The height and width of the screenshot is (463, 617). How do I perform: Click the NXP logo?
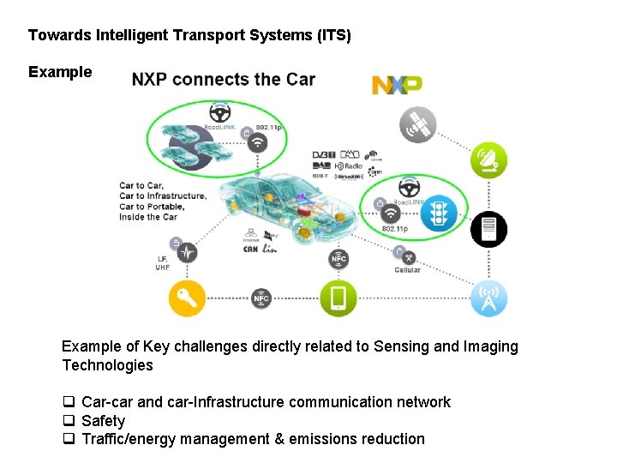click(396, 85)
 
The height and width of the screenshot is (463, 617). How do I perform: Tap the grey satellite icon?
click(418, 125)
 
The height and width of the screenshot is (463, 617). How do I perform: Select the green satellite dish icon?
click(488, 160)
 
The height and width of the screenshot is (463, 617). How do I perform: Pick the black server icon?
click(488, 229)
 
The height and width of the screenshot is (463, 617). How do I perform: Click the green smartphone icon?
click(338, 298)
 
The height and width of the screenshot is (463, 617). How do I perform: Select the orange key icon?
click(187, 298)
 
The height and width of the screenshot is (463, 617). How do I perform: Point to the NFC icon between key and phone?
click(261, 298)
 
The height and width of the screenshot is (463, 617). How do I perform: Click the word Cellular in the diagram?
click(407, 270)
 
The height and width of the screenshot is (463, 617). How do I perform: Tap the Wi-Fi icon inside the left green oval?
click(257, 143)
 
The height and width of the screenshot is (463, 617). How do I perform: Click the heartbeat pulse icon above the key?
click(187, 253)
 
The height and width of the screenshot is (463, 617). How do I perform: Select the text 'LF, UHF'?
click(163, 263)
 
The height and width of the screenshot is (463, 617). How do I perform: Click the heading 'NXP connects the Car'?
click(224, 80)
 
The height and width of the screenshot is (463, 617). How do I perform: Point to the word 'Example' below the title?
click(60, 72)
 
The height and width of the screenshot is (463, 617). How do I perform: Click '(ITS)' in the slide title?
click(332, 36)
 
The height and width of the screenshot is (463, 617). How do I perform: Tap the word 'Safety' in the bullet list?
click(103, 421)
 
